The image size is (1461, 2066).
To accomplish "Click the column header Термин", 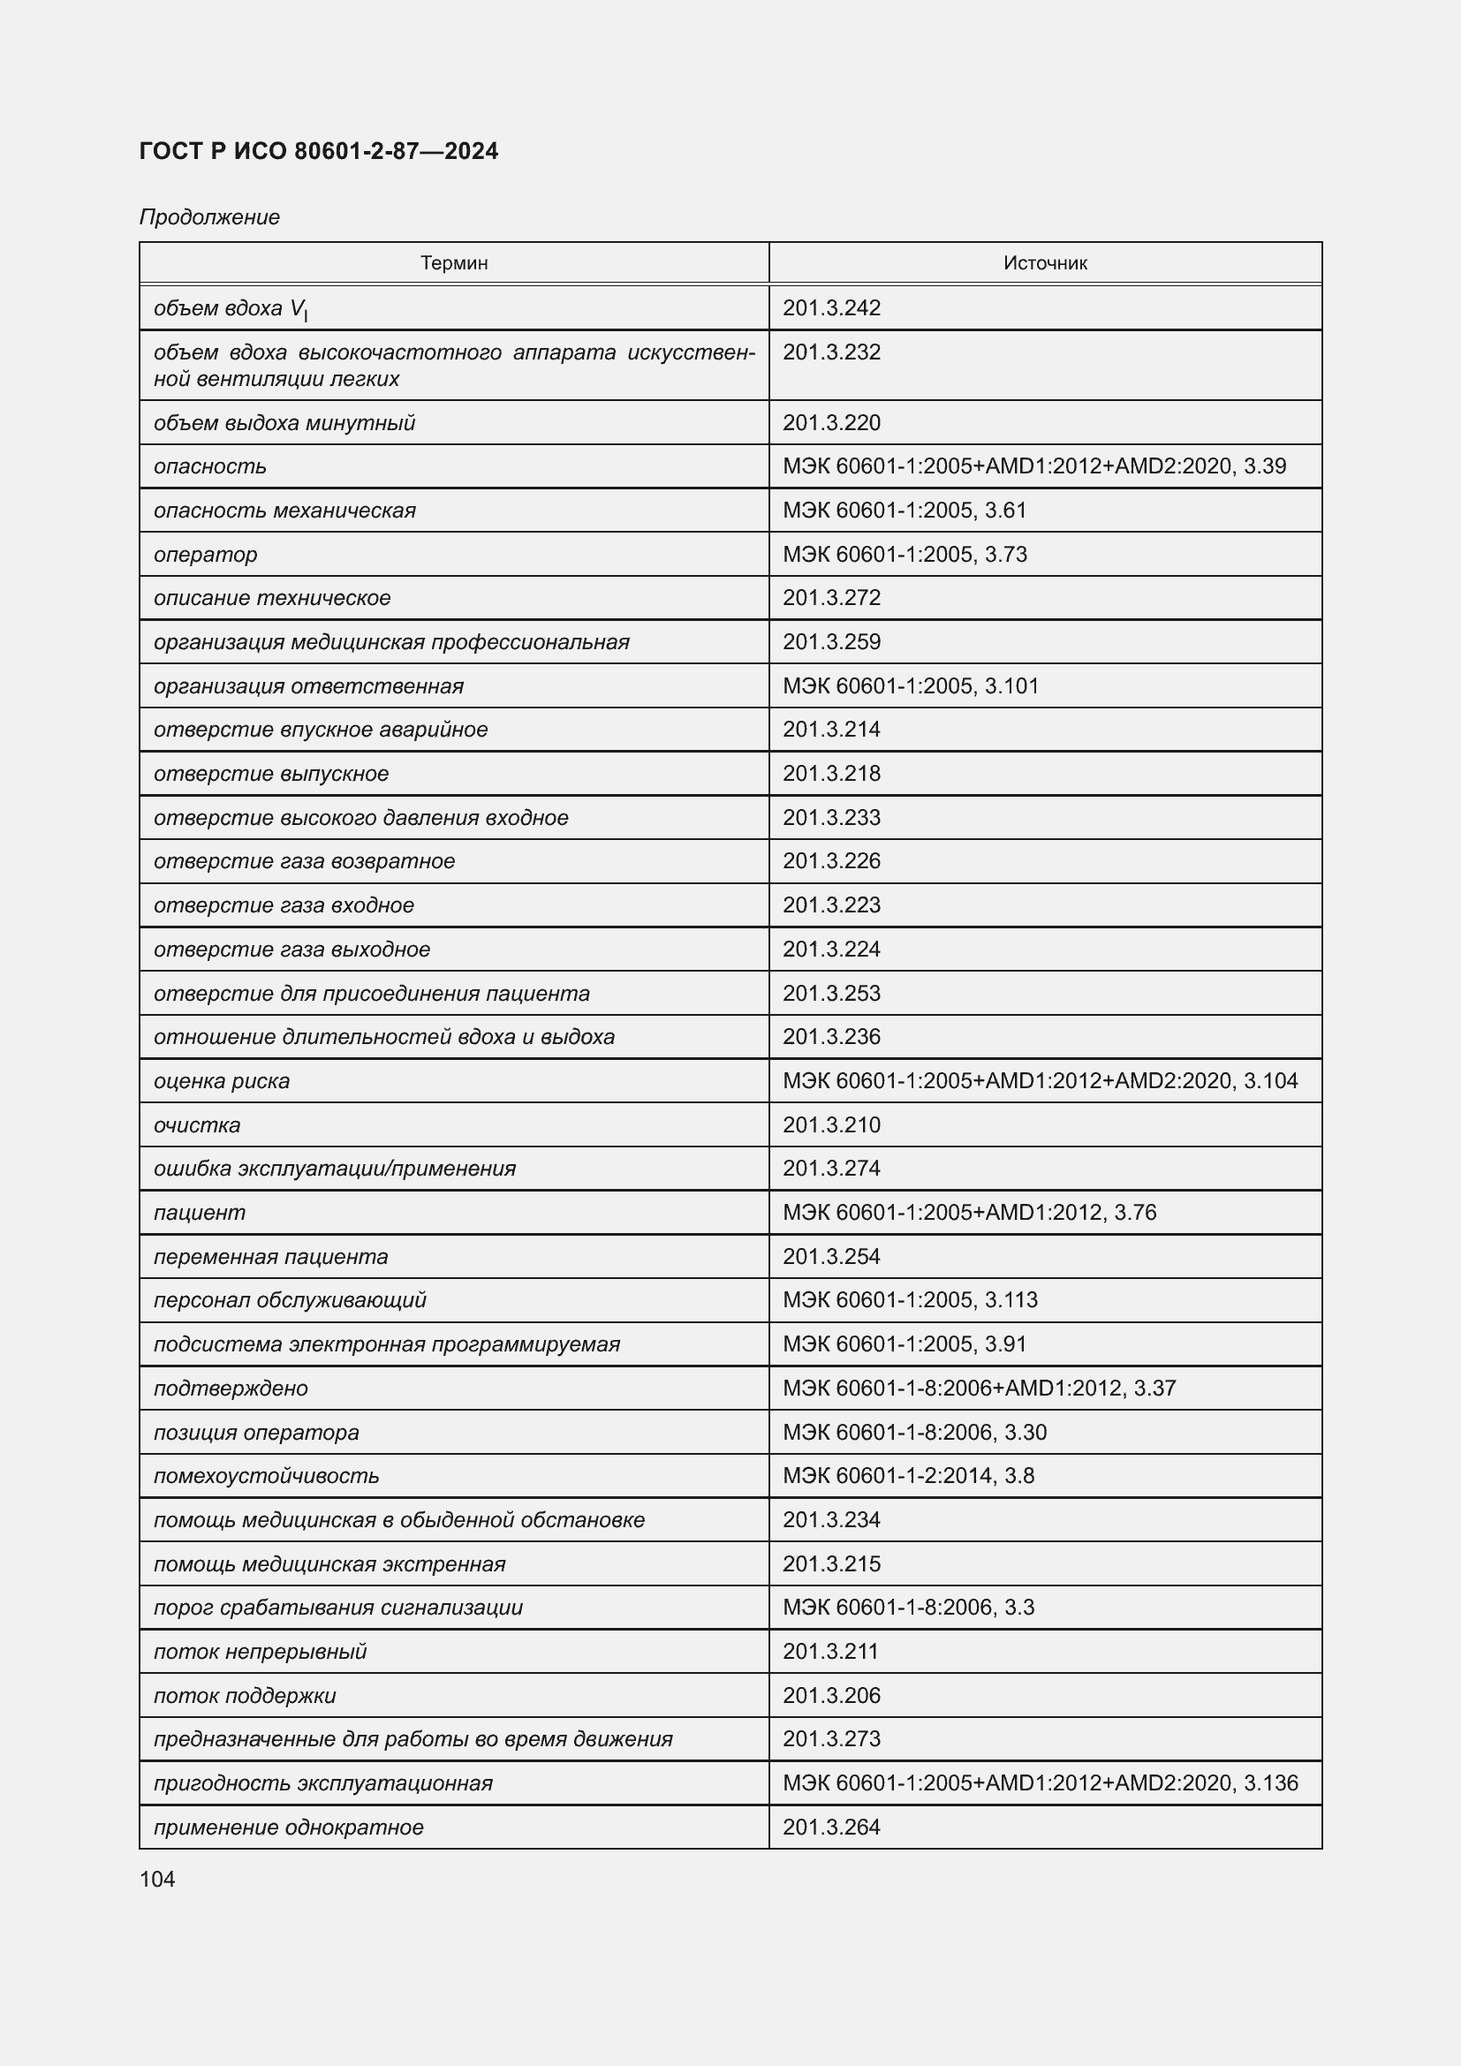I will (453, 262).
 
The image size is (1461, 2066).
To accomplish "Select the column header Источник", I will (1044, 262).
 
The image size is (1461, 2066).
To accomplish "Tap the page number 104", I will (157, 1879).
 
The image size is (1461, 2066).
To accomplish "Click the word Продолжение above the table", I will (209, 217).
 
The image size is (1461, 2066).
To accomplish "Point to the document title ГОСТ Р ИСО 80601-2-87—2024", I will (319, 151).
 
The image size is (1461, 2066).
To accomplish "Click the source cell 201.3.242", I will (831, 307).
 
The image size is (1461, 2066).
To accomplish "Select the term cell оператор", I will (205, 555).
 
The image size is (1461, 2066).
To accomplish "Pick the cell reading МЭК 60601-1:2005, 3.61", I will (905, 511).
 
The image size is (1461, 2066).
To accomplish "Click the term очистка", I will (197, 1124).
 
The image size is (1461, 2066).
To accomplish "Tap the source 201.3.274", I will (831, 1168).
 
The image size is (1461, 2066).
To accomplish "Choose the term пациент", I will (199, 1212).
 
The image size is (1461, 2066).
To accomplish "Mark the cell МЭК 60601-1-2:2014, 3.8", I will (909, 1476).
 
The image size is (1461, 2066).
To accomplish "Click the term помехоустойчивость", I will (266, 1476).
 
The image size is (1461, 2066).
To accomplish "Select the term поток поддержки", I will (245, 1695).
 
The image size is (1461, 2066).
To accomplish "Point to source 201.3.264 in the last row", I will (831, 1827).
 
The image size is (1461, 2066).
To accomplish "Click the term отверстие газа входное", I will (284, 905).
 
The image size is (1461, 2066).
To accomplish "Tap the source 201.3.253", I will (831, 994).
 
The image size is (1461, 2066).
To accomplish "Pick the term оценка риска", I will (222, 1080).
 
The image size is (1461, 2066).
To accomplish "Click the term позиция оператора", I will (256, 1432).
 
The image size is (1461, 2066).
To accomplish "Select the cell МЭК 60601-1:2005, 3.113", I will (910, 1300).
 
